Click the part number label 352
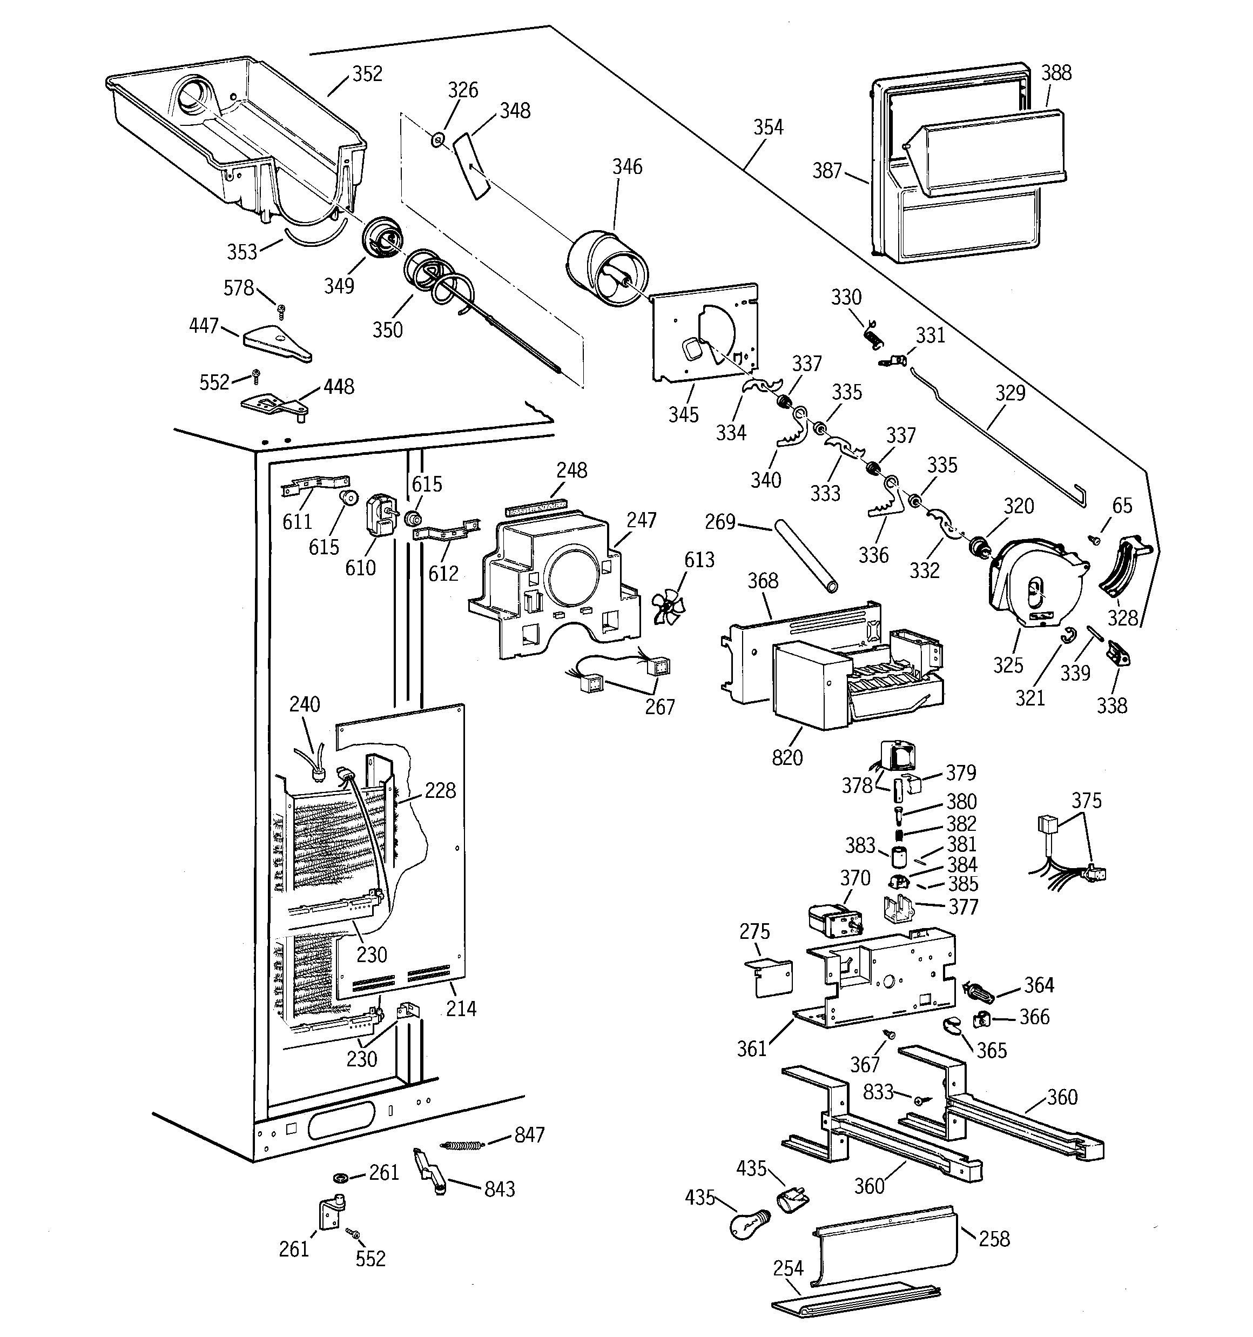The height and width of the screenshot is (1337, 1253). click(x=367, y=74)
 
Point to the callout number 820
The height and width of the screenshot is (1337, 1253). click(x=787, y=758)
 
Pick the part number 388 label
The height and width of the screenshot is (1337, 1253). click(x=1056, y=72)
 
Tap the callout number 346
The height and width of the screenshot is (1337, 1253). click(x=627, y=167)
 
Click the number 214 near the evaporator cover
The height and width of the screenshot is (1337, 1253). click(x=461, y=1008)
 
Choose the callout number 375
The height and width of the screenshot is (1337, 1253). click(x=1086, y=801)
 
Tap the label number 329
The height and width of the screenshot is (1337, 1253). click(x=1009, y=393)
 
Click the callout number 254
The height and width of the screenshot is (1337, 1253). click(x=787, y=1268)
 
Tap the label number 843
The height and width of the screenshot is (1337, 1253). click(x=499, y=1189)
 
